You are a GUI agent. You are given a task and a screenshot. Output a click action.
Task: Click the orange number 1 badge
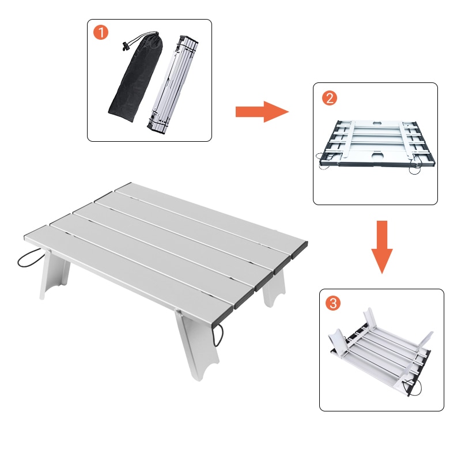[101, 33]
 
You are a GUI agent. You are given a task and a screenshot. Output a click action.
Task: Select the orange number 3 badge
[332, 303]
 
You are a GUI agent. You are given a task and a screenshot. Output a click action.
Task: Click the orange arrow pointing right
[261, 111]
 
